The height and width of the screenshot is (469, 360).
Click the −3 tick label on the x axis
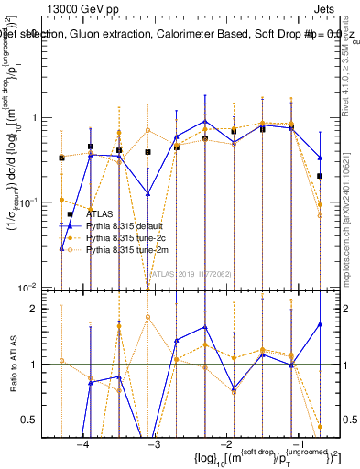pyautogui.click(x=154, y=444)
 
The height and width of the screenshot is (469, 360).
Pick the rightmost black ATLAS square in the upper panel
pyautogui.click(x=320, y=175)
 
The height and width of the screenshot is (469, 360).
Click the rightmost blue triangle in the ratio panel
pyautogui.click(x=320, y=324)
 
